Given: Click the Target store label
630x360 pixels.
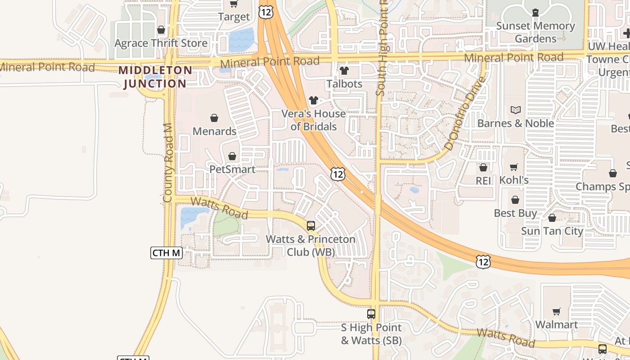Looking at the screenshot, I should tap(234, 17).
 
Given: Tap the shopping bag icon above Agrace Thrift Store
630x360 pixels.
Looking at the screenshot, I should tap(161, 30).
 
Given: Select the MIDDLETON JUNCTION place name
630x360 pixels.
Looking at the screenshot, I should tap(155, 77).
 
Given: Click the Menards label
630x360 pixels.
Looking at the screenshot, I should tap(215, 131).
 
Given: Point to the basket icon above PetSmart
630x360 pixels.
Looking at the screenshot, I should tap(232, 157).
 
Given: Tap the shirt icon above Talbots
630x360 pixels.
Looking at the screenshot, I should tap(344, 71).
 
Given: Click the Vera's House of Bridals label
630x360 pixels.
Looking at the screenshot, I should tap(314, 120).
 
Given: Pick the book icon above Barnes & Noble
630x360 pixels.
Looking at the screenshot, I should tap(516, 110).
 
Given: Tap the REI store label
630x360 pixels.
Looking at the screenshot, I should tap(483, 180).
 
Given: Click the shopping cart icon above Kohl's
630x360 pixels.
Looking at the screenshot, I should tap(514, 167).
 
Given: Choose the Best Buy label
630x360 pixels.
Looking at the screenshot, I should tap(515, 213).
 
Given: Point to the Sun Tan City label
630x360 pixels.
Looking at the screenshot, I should tap(552, 231).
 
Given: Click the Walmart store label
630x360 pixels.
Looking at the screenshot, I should tap(557, 324).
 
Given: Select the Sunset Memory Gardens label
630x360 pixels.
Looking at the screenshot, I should tap(535, 32).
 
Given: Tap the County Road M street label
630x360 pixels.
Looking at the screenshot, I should tap(168, 163).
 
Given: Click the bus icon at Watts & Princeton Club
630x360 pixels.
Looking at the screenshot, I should tap(311, 226).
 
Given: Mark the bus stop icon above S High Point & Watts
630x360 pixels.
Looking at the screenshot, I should tap(371, 314).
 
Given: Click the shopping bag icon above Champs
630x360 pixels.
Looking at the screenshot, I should tap(612, 174).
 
